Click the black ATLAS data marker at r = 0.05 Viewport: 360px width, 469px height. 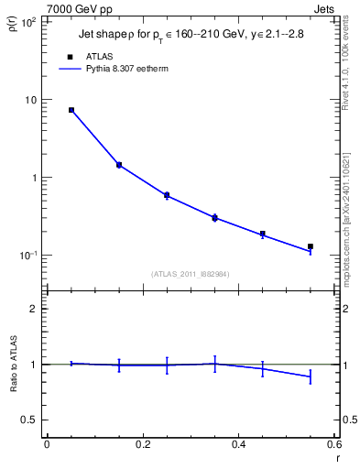pyautogui.click(x=71, y=110)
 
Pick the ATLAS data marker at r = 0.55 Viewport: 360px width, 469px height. pyautogui.click(x=311, y=246)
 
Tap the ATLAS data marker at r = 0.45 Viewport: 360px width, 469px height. pyautogui.click(x=263, y=234)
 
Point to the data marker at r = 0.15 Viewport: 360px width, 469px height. pyautogui.click(x=119, y=165)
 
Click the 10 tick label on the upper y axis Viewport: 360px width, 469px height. pyautogui.click(x=29, y=100)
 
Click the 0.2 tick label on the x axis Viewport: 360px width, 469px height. pyautogui.click(x=142, y=445)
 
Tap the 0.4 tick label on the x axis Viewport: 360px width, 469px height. pyautogui.click(x=238, y=445)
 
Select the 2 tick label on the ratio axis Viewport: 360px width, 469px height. pyautogui.click(x=32, y=309)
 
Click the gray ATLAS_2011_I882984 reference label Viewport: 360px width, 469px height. pyautogui.click(x=191, y=274)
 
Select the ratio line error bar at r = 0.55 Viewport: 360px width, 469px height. pyautogui.click(x=311, y=376)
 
